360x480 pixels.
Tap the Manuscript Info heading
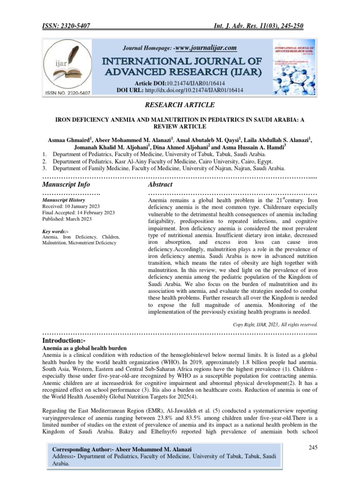[66, 185]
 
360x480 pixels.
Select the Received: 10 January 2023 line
[71, 206]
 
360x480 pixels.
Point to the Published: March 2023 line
[67, 219]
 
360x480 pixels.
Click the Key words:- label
[55, 232]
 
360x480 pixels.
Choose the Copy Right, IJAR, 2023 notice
[275, 324]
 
